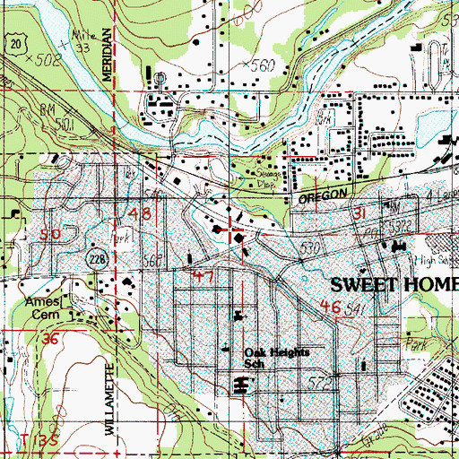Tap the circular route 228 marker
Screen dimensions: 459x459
click(93, 259)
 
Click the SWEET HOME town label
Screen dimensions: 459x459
click(394, 285)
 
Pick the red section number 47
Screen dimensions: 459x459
click(202, 277)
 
